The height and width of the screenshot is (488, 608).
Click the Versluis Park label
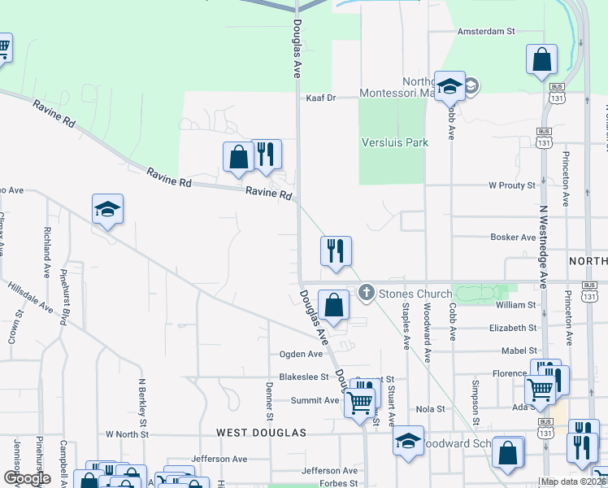[x=394, y=142]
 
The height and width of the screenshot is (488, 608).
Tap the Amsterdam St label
[x=487, y=31]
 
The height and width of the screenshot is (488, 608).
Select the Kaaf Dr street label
[x=321, y=98]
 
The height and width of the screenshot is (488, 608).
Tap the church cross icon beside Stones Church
[x=367, y=293]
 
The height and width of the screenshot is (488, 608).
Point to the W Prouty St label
[x=512, y=185]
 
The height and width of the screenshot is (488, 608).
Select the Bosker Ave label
[x=513, y=237]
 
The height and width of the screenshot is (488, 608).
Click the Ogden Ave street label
[x=301, y=354]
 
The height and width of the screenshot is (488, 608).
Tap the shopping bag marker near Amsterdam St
[x=541, y=60]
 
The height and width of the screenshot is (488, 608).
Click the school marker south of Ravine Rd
[x=107, y=210]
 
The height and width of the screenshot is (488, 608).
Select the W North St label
[x=128, y=434]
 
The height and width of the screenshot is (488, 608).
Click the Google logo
[x=27, y=478]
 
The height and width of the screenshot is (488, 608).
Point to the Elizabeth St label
[x=513, y=328]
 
